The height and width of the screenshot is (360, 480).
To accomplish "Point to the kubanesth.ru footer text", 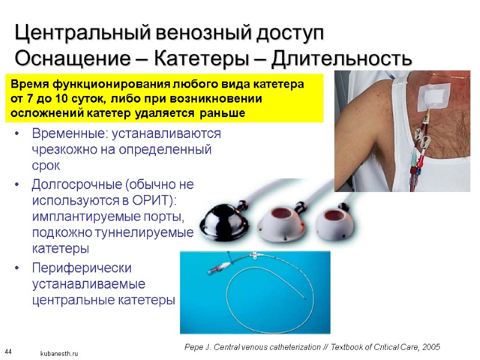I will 59,354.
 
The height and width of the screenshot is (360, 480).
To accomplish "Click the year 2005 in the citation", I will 430,347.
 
